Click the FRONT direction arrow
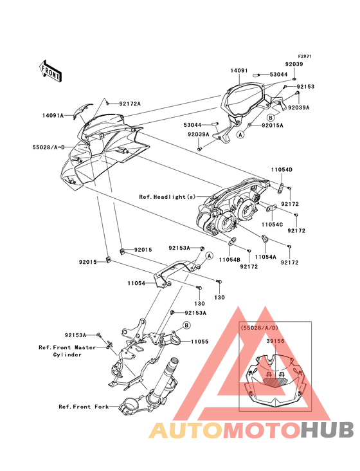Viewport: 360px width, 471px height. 50,71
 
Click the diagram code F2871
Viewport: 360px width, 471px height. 296,56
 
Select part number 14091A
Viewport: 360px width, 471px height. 53,115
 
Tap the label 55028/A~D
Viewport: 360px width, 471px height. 49,147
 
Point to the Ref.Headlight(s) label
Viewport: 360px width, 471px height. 167,197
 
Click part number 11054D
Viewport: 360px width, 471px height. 282,170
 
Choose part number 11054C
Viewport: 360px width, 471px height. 272,225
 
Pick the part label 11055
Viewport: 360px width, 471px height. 199,342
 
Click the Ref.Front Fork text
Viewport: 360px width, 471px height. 84,407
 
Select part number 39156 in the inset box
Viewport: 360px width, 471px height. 275,341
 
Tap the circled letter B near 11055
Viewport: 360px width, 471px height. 186,326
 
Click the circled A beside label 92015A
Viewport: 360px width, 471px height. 240,134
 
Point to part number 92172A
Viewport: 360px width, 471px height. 130,104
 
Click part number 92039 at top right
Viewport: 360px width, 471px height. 294,64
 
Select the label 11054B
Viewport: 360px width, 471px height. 230,259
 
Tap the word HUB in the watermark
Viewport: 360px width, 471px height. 327,430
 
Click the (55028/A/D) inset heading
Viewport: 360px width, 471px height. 259,328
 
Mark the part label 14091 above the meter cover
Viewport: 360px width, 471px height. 239,71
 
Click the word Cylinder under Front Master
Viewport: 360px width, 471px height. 67,355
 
